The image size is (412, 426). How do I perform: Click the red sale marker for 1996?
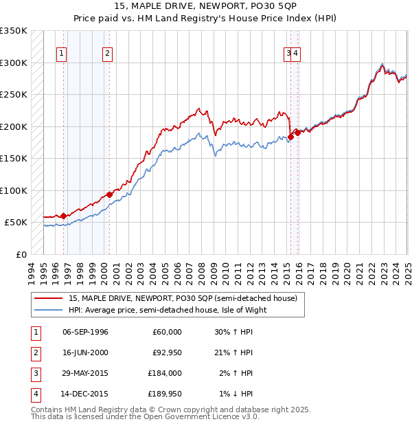coord(63,216)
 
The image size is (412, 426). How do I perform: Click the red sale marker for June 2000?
coord(109,194)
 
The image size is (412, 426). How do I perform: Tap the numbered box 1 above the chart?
coord(62,53)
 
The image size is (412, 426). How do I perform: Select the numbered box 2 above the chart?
coord(108,53)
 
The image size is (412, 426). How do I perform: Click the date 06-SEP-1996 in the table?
coord(85,333)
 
